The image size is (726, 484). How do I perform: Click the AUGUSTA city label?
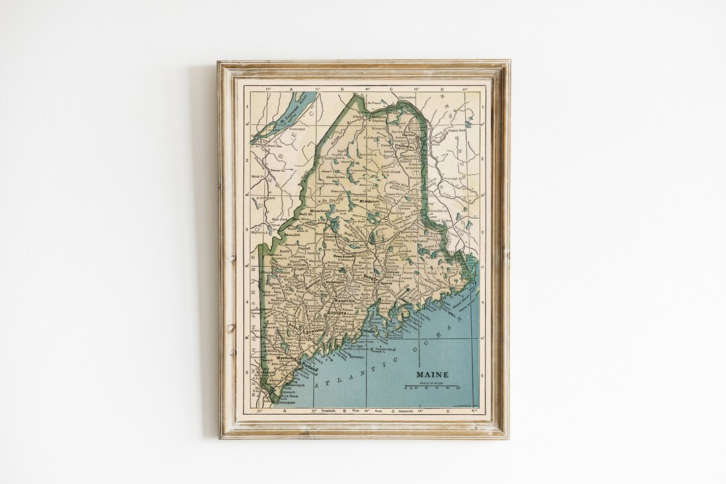pos(337,313)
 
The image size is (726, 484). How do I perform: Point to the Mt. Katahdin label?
pos(369,201)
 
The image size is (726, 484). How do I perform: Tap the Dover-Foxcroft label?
pos(344,256)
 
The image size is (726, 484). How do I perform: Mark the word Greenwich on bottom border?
pos(405,409)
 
